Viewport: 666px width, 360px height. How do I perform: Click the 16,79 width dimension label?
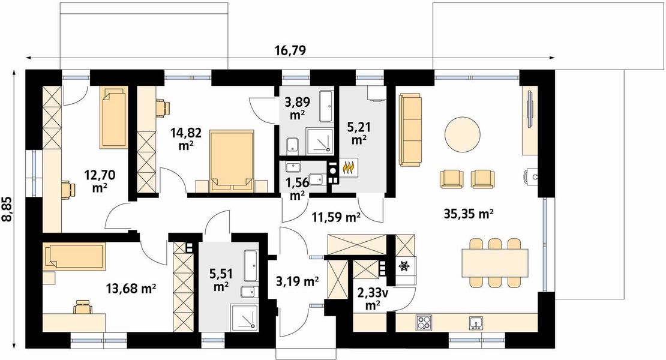coord(290,50)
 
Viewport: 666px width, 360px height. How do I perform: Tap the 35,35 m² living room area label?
coord(468,214)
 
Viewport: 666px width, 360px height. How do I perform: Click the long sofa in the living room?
coord(411,130)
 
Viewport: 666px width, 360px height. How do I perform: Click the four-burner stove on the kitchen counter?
coord(424,322)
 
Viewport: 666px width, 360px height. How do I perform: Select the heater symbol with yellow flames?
coord(349,167)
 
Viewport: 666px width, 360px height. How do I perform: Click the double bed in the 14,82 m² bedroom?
coord(232,161)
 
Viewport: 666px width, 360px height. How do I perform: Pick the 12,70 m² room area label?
coord(100,181)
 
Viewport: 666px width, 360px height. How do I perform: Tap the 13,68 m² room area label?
coord(131,290)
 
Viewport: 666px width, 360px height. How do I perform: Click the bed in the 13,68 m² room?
coord(75,256)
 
